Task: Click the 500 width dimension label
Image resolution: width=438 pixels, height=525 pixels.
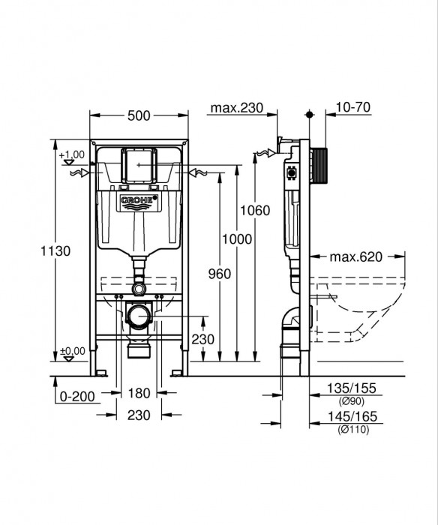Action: (138, 115)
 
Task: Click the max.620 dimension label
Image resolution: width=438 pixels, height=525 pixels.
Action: (356, 256)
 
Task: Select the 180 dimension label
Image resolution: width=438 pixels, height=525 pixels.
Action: (139, 392)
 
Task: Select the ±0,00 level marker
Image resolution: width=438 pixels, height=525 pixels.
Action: (72, 351)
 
